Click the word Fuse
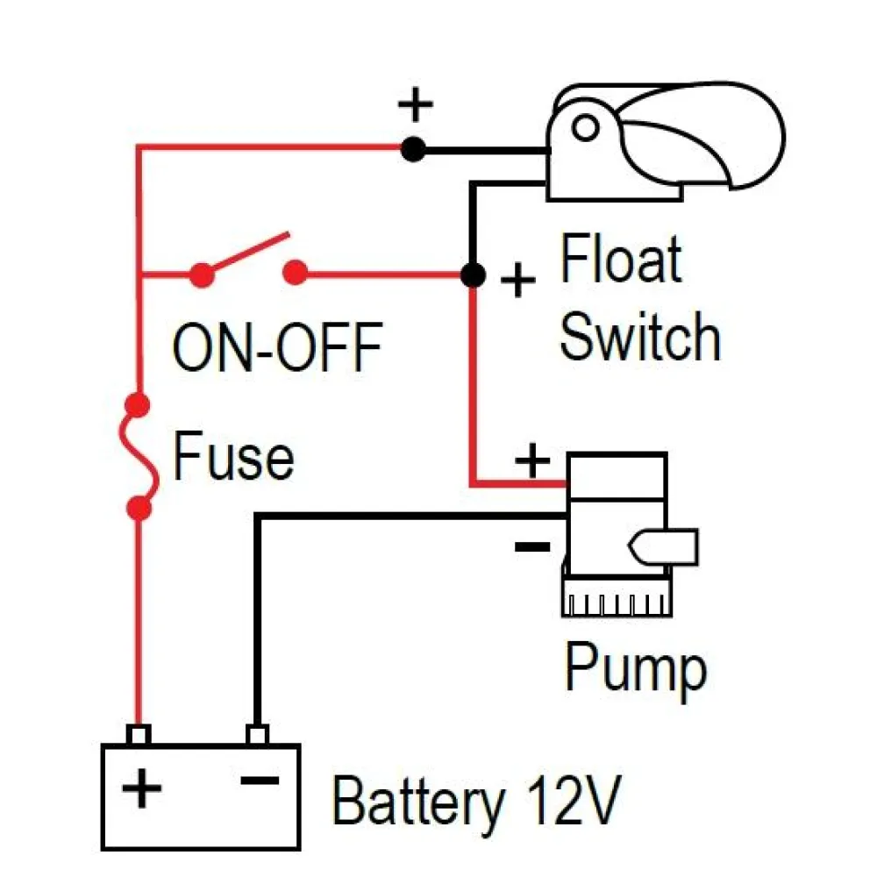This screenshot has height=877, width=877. (232, 457)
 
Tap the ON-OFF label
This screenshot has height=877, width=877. (277, 347)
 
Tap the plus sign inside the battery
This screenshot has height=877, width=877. (142, 788)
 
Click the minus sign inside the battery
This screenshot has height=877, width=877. (260, 780)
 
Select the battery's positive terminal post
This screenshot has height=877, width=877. (139, 734)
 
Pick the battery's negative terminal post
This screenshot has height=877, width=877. (256, 734)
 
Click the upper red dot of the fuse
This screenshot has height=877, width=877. (138, 406)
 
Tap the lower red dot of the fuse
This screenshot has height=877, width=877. (139, 507)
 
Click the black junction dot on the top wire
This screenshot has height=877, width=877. (413, 150)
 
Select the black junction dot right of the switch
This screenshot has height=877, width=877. (473, 275)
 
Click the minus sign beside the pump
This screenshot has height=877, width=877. (531, 547)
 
